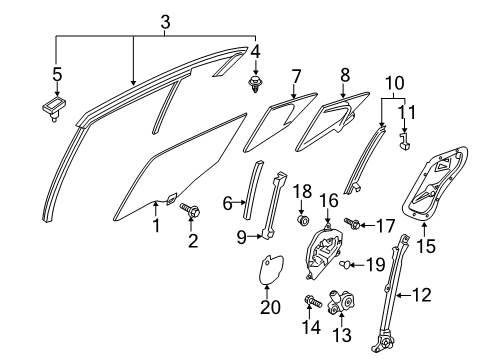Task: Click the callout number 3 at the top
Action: pyautogui.click(x=165, y=23)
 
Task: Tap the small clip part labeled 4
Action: pyautogui.click(x=255, y=84)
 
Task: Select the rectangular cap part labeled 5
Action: pyautogui.click(x=54, y=107)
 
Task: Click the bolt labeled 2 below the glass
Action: pyautogui.click(x=190, y=211)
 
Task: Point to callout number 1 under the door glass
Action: pyautogui.click(x=156, y=226)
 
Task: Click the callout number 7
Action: pyautogui.click(x=296, y=76)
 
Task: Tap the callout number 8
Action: pyautogui.click(x=345, y=75)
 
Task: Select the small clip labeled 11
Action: pyautogui.click(x=405, y=140)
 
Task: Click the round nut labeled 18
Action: pyautogui.click(x=303, y=220)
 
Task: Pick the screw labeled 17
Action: pyautogui.click(x=352, y=223)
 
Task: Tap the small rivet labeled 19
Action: pyautogui.click(x=344, y=264)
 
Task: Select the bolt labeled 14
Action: pyautogui.click(x=313, y=301)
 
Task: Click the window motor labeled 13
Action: pyautogui.click(x=343, y=301)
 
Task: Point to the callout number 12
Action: pyautogui.click(x=422, y=295)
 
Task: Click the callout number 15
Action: pyautogui.click(x=426, y=246)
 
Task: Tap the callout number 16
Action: pyautogui.click(x=329, y=201)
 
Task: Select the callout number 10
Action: pyautogui.click(x=395, y=83)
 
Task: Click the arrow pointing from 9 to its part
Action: pyautogui.click(x=255, y=237)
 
